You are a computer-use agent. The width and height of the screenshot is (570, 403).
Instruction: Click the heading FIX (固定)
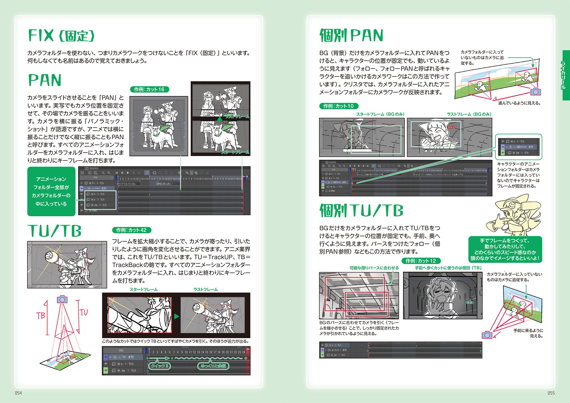click(61, 36)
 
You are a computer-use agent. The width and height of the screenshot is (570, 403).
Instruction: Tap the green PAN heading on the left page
click(45, 80)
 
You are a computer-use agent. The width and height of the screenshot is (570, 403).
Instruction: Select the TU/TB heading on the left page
click(54, 231)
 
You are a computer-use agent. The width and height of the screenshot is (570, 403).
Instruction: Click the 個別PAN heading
click(351, 36)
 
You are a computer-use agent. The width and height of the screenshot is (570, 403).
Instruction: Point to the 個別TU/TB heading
click(361, 210)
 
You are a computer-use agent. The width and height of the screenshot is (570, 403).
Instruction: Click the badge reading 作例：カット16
click(149, 89)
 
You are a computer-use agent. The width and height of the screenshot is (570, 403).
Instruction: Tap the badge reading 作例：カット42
click(131, 230)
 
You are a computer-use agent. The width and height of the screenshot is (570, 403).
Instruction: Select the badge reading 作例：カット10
click(339, 106)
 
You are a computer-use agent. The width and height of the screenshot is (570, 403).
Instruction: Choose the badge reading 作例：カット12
click(421, 261)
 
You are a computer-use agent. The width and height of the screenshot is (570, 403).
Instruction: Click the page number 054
click(19, 393)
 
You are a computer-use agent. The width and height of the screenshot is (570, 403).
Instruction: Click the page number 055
click(551, 393)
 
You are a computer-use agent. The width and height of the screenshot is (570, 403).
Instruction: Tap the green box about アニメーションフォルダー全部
click(51, 191)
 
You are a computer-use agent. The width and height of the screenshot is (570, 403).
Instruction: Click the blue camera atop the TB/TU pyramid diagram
click(62, 299)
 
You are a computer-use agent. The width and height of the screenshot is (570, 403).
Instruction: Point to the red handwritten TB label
click(40, 315)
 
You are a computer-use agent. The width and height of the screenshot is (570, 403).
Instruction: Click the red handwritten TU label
click(84, 312)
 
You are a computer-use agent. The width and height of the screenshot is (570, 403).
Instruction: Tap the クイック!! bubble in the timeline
click(159, 366)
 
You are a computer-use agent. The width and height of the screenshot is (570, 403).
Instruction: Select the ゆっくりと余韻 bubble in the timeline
click(213, 366)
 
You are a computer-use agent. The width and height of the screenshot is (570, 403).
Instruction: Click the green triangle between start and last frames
click(177, 316)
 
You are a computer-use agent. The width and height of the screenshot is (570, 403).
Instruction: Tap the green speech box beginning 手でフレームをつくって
click(505, 249)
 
